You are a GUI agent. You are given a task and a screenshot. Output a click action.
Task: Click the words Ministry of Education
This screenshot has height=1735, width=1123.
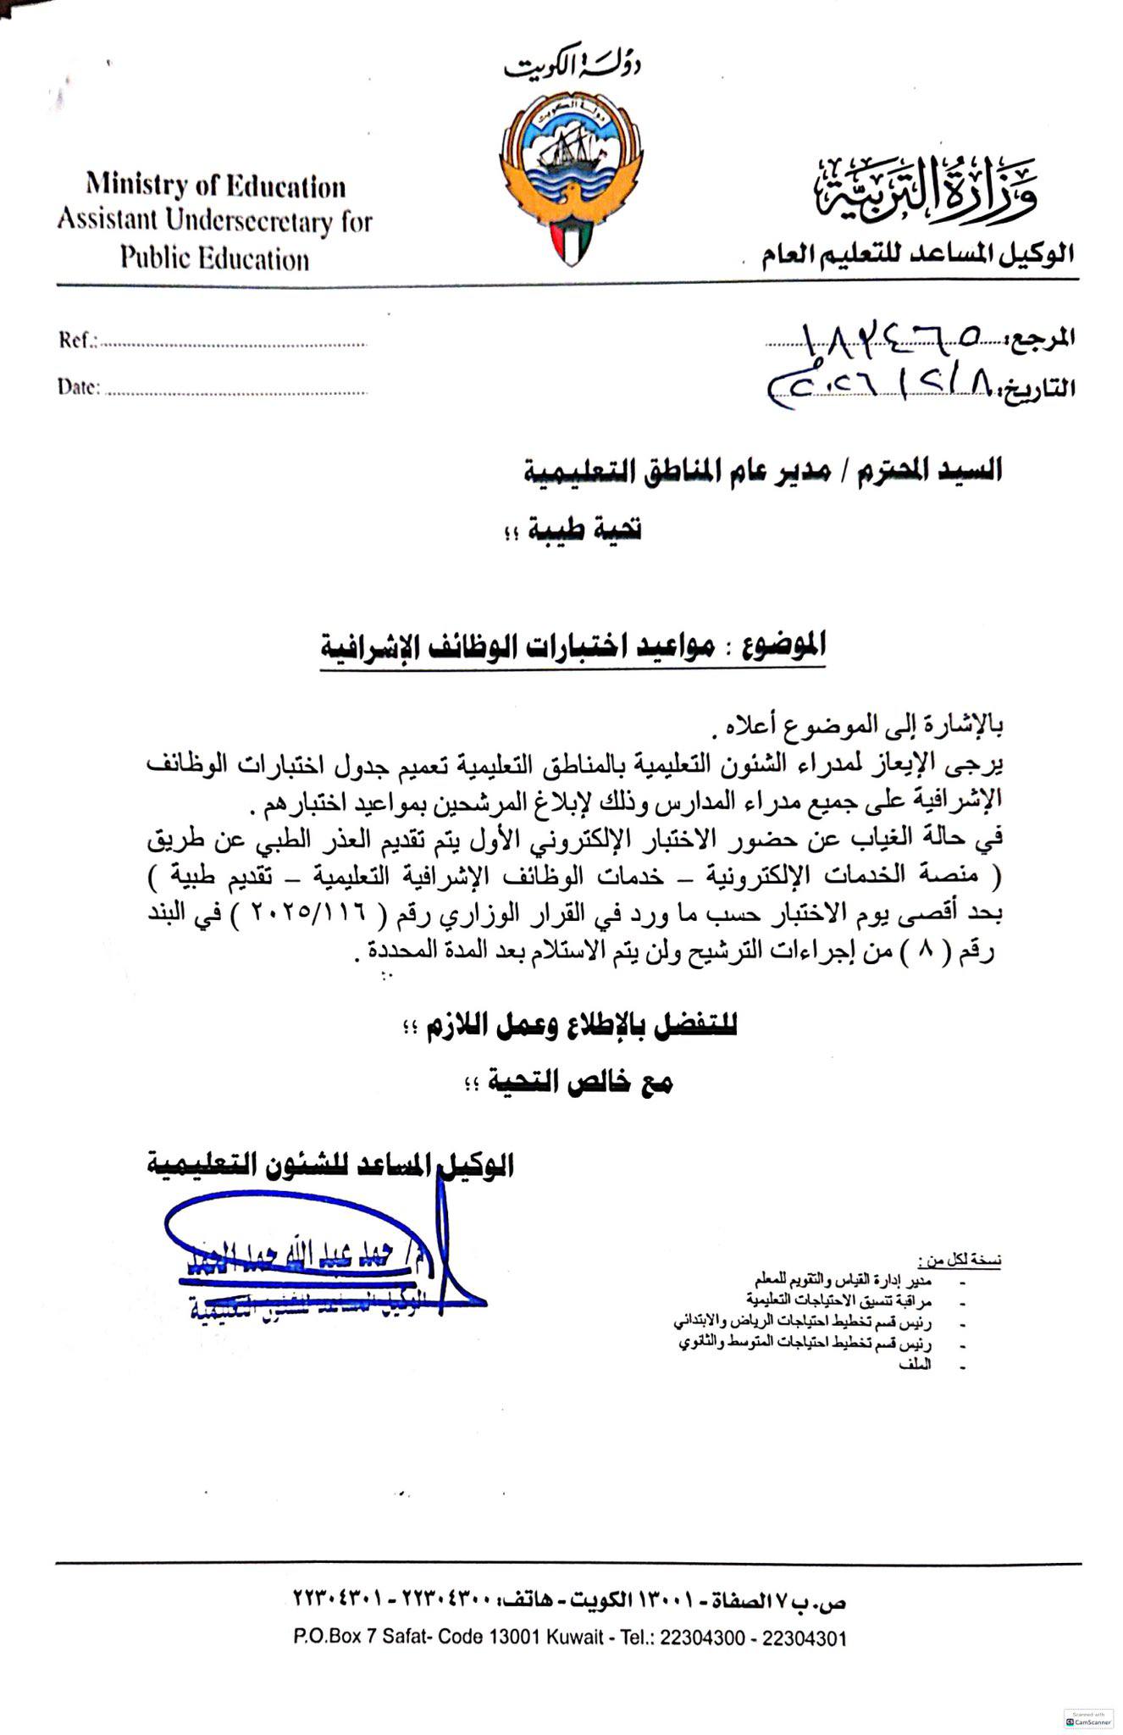[215, 186]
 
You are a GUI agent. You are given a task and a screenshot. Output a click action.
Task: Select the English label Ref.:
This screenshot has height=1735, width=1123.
[78, 341]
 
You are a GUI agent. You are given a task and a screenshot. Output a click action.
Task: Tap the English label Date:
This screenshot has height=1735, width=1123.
[79, 387]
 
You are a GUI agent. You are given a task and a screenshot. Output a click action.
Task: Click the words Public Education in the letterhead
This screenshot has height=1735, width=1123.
[214, 258]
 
